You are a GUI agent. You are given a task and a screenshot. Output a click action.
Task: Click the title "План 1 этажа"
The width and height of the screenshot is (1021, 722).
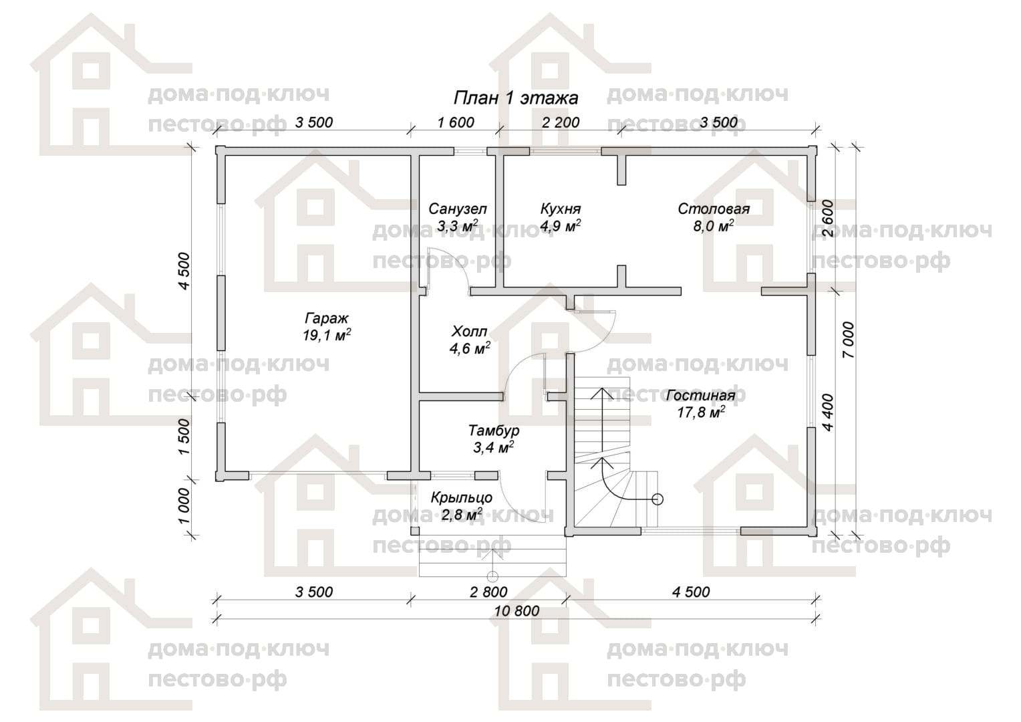tap(516, 98)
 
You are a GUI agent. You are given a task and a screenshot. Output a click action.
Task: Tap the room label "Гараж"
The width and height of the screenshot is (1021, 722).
tap(326, 318)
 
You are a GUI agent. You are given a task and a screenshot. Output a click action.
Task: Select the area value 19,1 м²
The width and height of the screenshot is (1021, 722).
tap(326, 335)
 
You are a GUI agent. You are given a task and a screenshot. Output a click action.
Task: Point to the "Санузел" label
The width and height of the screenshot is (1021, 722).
tap(457, 209)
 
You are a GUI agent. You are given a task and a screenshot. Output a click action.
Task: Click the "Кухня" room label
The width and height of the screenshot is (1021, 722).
tap(560, 209)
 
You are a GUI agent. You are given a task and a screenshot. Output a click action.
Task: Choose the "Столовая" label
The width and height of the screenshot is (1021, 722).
tap(714, 209)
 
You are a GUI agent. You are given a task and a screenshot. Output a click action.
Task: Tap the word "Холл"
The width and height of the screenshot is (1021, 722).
tap(470, 331)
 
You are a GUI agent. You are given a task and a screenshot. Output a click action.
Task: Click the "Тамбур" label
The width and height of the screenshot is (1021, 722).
tap(494, 430)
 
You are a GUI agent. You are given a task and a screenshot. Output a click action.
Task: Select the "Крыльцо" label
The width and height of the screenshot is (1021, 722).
tap(461, 497)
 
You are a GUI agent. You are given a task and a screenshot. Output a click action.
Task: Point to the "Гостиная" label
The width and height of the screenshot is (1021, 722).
tap(700, 395)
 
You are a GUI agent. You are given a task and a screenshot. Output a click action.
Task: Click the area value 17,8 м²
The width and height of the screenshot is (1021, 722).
tap(701, 412)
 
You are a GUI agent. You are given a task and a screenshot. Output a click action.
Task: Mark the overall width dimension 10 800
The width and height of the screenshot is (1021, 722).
tap(517, 611)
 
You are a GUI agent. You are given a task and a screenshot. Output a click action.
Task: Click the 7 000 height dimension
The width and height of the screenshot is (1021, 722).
tap(848, 340)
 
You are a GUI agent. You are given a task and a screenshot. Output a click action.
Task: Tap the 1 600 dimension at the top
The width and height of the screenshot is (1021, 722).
tap(456, 122)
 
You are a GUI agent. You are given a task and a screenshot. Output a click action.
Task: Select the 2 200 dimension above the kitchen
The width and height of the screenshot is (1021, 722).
tap(561, 122)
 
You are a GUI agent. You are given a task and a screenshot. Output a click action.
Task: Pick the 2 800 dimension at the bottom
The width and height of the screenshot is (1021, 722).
tap(488, 592)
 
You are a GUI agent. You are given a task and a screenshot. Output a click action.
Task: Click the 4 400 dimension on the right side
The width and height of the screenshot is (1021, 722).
tap(828, 412)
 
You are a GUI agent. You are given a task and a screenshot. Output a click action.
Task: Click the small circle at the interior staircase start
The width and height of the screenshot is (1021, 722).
tap(657, 499)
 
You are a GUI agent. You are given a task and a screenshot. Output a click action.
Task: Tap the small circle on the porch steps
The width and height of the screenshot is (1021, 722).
tap(492, 576)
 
